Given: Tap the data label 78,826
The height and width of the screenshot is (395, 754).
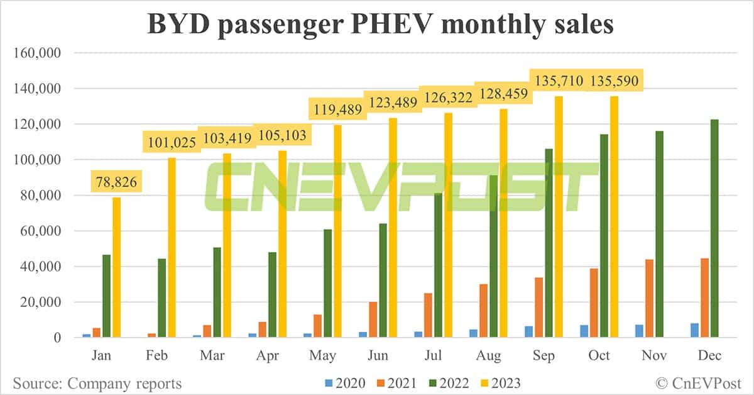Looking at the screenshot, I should (116, 183).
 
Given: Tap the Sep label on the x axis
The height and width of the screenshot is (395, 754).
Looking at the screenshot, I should (544, 356).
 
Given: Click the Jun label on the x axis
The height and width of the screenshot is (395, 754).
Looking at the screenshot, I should (378, 356).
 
